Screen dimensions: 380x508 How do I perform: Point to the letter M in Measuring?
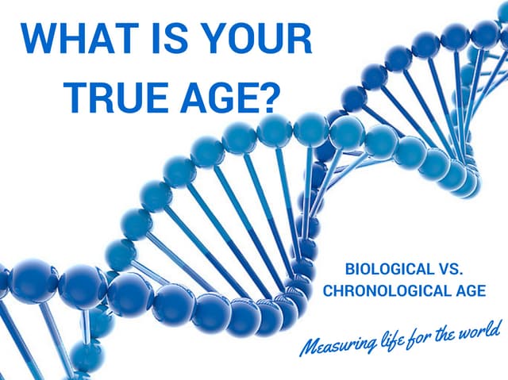309,349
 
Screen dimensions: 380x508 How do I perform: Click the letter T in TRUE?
77,95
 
